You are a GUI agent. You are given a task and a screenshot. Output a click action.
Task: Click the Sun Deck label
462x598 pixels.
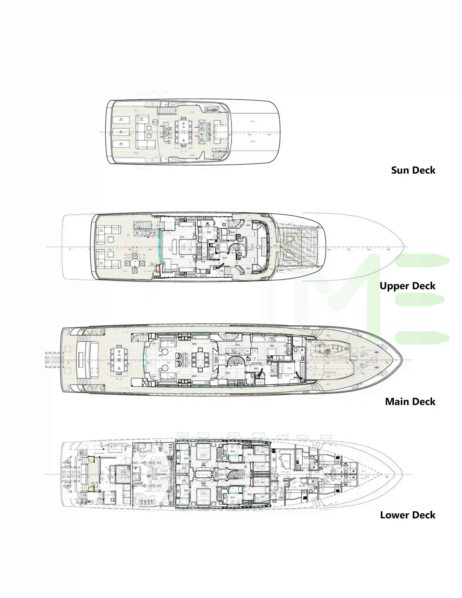[413, 170]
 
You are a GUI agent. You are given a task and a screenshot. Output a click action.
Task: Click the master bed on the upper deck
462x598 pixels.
[187, 246]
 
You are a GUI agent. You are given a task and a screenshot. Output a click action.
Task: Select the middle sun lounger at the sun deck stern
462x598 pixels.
[120, 132]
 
